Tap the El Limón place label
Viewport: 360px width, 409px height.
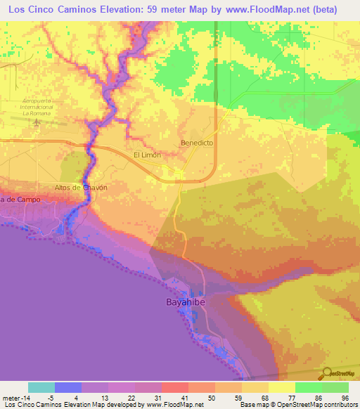click(147, 155)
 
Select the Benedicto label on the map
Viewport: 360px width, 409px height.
click(197, 142)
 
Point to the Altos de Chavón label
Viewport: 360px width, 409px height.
click(81, 188)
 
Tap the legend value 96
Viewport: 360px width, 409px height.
click(345, 397)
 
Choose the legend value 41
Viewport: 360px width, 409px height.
click(185, 397)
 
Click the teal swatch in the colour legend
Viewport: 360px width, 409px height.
click(41, 387)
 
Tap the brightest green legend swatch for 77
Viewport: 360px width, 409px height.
click(309, 387)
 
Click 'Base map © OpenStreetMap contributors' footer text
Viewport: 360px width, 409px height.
click(297, 404)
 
